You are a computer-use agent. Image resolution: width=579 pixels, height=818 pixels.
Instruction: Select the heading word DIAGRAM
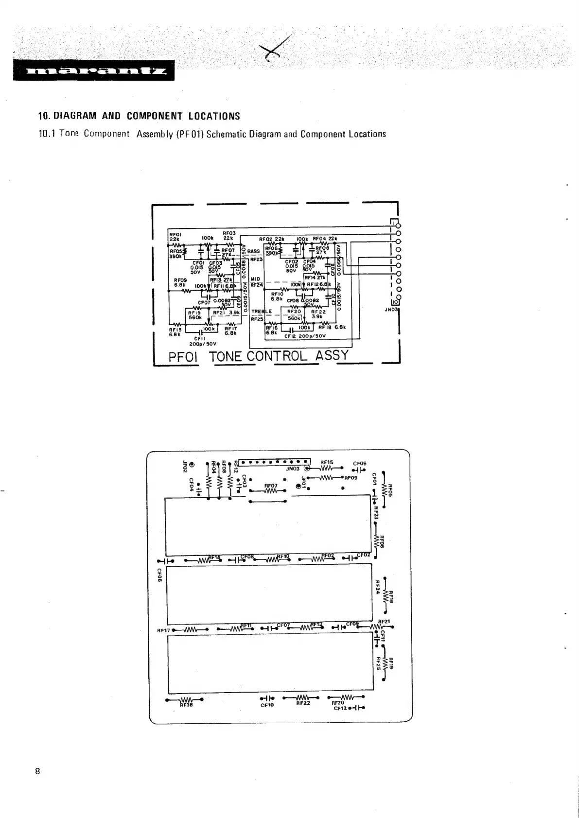tap(74, 116)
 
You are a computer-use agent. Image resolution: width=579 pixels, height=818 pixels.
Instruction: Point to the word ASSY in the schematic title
tap(332, 355)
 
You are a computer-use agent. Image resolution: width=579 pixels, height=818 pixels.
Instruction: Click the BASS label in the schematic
tap(254, 251)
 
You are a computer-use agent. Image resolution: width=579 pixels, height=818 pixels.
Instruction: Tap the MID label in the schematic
tap(255, 279)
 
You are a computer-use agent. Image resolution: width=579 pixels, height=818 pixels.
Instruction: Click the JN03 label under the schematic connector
tap(391, 309)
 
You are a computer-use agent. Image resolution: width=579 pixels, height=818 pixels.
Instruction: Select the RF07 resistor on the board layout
tap(270, 490)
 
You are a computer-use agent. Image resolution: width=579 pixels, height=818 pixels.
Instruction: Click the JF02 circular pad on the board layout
tap(192, 465)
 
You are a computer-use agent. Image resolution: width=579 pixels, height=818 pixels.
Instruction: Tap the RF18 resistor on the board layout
tap(185, 700)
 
